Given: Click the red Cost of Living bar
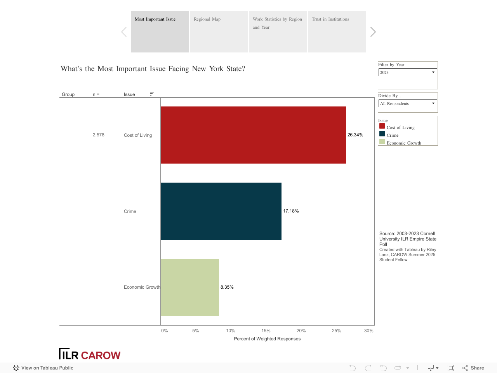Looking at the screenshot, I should click(x=253, y=135).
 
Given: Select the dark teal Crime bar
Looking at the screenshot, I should click(x=221, y=211).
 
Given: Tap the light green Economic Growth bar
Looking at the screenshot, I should click(x=190, y=287).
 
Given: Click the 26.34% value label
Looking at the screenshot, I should click(x=355, y=135).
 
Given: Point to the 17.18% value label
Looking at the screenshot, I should click(x=291, y=211).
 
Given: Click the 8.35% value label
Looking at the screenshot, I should click(x=227, y=287).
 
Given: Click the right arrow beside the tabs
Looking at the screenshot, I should click(x=373, y=32).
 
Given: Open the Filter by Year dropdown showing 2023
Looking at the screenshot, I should click(x=408, y=72).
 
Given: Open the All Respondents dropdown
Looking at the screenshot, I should click(x=408, y=103).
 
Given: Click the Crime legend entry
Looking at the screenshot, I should click(x=392, y=135).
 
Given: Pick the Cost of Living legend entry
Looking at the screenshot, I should click(x=400, y=127).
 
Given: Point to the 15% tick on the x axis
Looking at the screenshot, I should click(x=266, y=331).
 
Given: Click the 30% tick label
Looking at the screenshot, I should click(x=368, y=331).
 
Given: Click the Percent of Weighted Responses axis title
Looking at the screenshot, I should click(x=267, y=339).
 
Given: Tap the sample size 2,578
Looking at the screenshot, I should click(x=99, y=135).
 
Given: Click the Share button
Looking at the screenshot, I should click(x=473, y=368).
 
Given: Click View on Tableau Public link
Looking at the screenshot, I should click(x=43, y=368).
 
